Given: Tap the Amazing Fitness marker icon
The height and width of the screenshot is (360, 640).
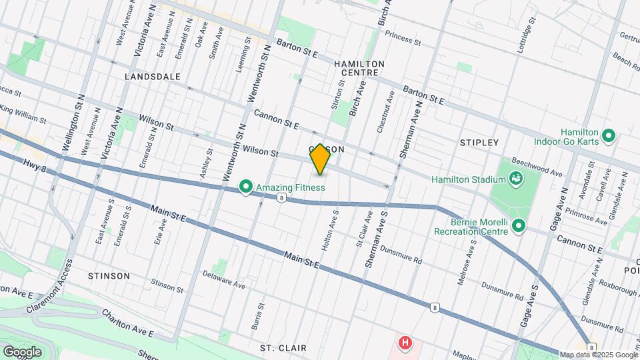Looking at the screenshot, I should click(245, 187).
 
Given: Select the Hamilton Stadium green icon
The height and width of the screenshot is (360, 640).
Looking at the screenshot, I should click(515, 179).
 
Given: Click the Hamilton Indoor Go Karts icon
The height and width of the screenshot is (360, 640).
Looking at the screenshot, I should click(607, 137).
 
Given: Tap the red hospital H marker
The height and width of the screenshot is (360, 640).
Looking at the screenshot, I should click(404, 344).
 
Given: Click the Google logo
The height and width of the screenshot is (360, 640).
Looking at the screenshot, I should click(22, 351).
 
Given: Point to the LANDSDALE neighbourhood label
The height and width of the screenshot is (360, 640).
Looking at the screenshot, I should click(153, 77).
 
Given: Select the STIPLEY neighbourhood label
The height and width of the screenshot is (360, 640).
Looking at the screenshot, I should click(479, 143).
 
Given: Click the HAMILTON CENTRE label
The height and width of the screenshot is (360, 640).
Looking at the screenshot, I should click(359, 67).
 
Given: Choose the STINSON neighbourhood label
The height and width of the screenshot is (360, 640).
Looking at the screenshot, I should click(109, 275).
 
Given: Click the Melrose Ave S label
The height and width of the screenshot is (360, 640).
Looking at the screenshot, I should click(466, 263).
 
